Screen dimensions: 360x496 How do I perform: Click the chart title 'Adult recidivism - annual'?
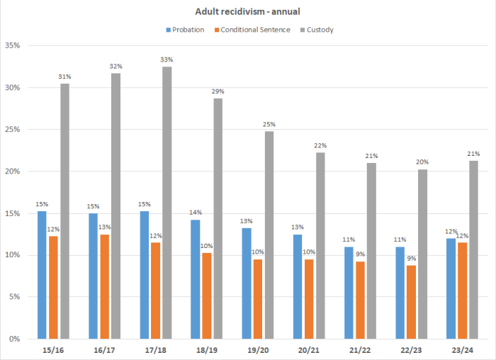[247, 12]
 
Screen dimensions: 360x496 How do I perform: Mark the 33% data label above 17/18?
[167, 60]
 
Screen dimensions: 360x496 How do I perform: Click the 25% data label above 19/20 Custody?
[269, 124]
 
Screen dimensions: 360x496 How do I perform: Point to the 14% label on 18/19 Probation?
[194, 213]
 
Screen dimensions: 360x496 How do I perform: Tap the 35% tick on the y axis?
[13, 46]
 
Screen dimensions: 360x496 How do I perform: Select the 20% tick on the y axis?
[13, 171]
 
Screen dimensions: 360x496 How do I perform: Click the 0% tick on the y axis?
[15, 339]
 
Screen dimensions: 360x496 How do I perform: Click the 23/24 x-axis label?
[462, 349]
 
